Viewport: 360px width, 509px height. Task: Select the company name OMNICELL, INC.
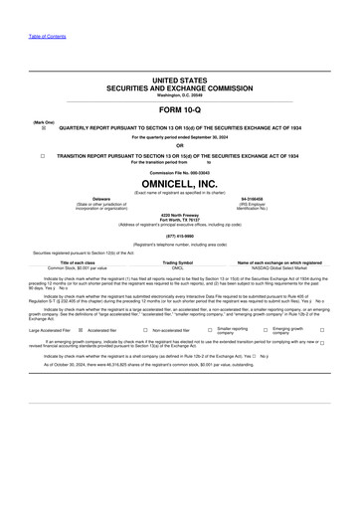point(179,184)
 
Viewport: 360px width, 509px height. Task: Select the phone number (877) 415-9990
point(179,235)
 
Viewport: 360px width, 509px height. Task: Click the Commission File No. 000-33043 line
point(179,173)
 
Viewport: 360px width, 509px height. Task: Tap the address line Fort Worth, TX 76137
point(179,219)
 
